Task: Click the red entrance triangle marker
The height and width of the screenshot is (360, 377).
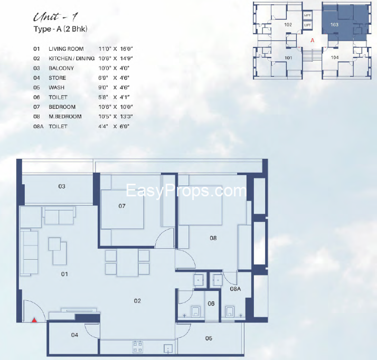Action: coord(34,320)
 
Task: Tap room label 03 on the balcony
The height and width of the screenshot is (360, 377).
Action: coord(62,186)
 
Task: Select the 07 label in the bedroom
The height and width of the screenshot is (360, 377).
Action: coord(122,206)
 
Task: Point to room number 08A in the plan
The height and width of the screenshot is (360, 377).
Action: coord(235,289)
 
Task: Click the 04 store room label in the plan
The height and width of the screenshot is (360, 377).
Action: coord(74,335)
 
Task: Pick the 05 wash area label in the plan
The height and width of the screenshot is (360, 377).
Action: coord(209,338)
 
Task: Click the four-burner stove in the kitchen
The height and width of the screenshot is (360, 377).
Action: coord(138,347)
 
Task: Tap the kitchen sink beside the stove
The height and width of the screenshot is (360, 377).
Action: coord(168,348)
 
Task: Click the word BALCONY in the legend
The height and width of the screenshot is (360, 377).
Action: coord(61,68)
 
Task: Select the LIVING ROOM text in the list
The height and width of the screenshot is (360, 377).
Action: coord(66,49)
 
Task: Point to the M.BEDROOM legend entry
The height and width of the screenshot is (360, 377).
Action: coord(65,117)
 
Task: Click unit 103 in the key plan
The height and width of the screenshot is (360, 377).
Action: coord(334,24)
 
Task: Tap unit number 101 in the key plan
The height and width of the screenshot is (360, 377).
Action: coord(288,58)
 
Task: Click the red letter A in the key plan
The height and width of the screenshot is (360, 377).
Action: coord(313,40)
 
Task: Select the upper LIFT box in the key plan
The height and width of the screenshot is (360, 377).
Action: coord(307,15)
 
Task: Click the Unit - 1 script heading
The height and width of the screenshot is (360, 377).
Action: coord(55,17)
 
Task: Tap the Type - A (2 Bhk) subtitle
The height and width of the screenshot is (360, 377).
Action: coord(60,29)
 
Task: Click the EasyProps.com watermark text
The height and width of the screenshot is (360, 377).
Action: coord(186,191)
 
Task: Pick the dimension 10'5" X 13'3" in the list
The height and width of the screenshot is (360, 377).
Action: coord(116,117)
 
